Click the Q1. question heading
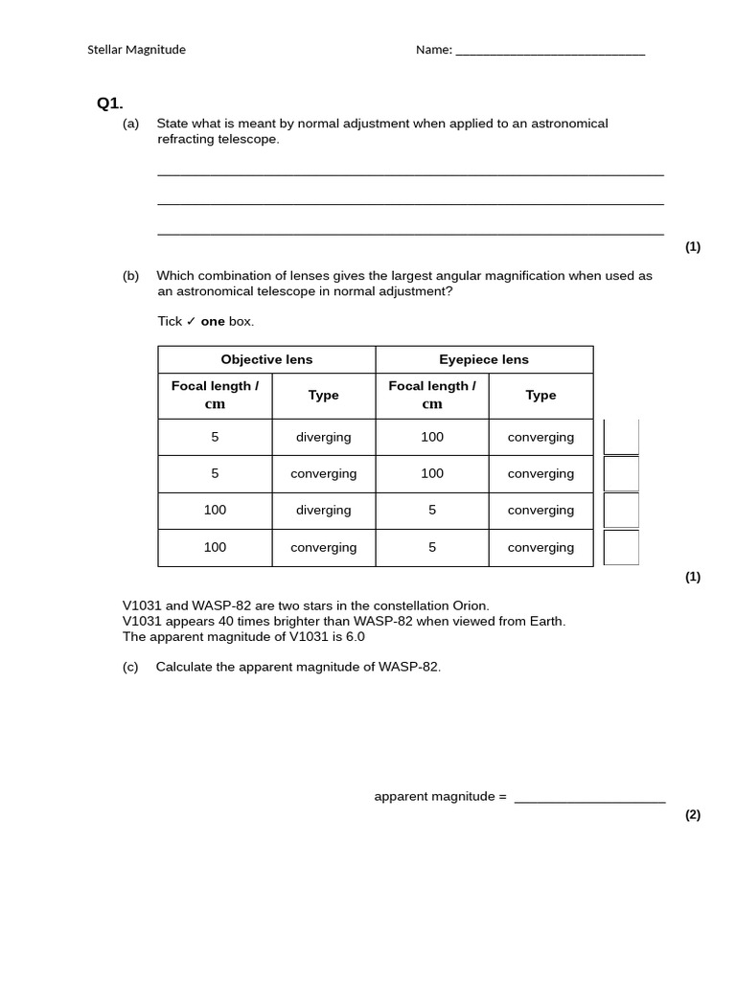109,103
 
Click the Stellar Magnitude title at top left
136,50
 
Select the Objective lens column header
266,359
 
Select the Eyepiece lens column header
484,359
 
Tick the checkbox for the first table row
621,437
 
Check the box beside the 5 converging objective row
621,473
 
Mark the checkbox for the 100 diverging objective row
621,510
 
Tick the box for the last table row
621,547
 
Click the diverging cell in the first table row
323,437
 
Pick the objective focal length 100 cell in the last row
215,547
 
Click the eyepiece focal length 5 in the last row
432,547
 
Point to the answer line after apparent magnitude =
589,800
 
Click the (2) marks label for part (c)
692,815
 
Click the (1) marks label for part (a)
692,246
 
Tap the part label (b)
130,276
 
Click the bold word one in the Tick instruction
212,321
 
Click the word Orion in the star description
468,605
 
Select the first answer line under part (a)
410,173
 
